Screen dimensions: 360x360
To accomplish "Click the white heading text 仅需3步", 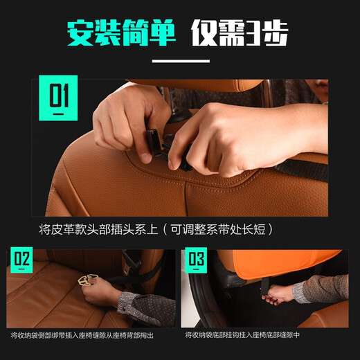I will coord(240,32).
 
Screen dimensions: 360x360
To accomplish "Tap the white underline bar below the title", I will coord(180,61).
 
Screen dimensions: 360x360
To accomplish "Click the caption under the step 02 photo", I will coord(91,336).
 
